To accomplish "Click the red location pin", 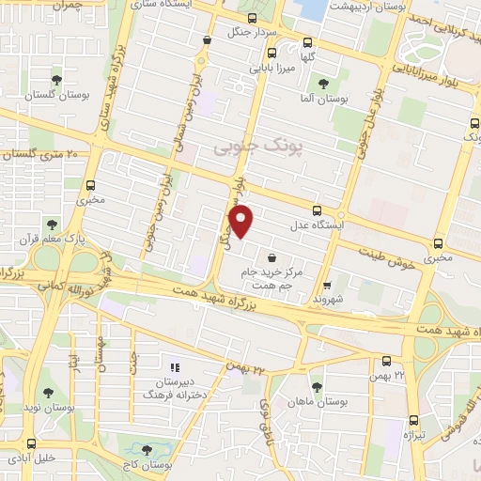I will point(242,221).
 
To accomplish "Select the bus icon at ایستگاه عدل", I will point(318,211).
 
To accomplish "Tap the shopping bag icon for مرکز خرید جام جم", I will point(272,256).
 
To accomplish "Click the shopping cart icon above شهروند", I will point(327,286).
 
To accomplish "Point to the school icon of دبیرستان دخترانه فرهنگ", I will point(173,366).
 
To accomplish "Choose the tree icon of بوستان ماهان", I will point(317,385).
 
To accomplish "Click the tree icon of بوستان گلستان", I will point(57,80).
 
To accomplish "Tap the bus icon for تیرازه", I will point(413,423).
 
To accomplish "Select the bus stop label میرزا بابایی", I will point(272,68).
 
